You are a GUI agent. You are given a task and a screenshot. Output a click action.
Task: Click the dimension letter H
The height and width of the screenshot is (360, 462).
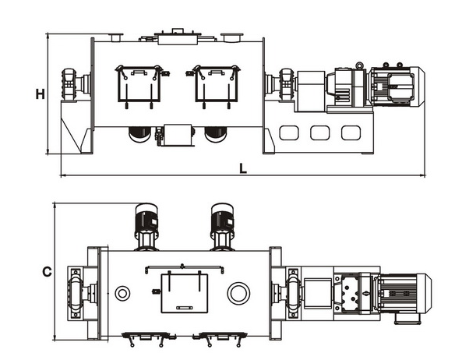(x=40, y=94)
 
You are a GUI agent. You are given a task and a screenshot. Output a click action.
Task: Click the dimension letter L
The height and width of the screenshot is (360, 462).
(x=243, y=168)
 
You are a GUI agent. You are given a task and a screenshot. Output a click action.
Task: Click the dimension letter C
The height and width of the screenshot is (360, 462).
(x=48, y=272)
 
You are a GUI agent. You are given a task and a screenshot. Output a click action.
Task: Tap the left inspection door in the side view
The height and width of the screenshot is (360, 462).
(x=139, y=86)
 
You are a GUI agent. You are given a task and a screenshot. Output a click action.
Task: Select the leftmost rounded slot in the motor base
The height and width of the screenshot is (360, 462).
(x=289, y=132)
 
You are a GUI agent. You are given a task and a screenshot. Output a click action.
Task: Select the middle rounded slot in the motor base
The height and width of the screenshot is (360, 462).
(x=319, y=132)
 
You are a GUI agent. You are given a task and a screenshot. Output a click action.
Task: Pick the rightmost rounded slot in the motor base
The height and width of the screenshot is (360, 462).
(x=351, y=132)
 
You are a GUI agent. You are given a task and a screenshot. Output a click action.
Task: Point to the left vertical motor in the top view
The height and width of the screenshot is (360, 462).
(x=146, y=227)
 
